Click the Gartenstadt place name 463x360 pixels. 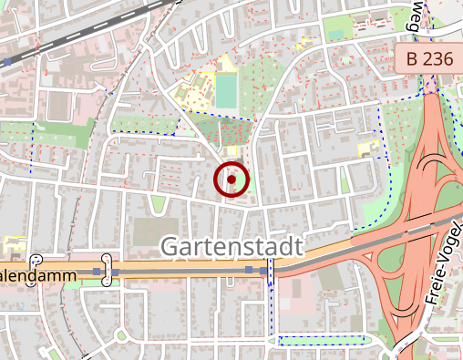[x=231, y=245]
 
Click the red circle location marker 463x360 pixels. [x=232, y=180]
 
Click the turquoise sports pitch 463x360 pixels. [x=225, y=90]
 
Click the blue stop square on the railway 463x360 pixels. [x=8, y=62]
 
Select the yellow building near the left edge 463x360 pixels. [x=12, y=244]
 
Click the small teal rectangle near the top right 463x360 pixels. [x=336, y=35]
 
